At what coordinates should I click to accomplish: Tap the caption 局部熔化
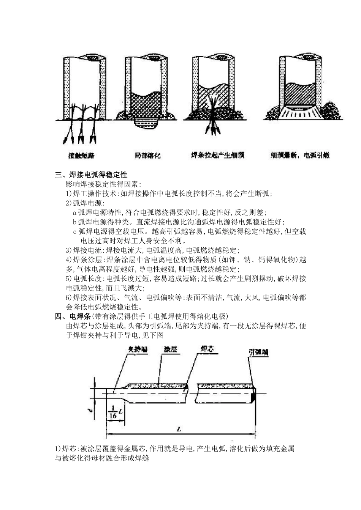(147, 155)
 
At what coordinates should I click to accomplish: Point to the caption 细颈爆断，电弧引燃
(300, 155)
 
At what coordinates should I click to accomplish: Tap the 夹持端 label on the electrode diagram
(137, 350)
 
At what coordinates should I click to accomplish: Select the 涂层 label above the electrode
(170, 349)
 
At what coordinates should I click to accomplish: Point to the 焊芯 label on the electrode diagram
(207, 349)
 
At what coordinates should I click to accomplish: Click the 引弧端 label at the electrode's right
(258, 352)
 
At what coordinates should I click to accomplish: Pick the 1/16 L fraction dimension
(114, 411)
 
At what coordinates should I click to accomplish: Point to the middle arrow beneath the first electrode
(81, 137)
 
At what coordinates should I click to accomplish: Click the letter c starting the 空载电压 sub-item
(75, 231)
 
